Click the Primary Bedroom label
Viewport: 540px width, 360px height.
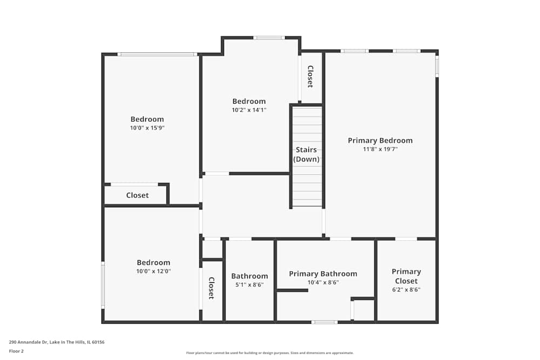(x=380, y=140)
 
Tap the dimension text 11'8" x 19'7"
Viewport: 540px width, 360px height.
(x=380, y=149)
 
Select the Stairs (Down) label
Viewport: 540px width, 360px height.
(x=306, y=154)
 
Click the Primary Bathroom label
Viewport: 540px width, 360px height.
(x=323, y=274)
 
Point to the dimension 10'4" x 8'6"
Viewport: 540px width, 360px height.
(x=323, y=282)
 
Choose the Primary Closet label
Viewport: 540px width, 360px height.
(x=406, y=276)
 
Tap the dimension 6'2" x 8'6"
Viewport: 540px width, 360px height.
(x=406, y=289)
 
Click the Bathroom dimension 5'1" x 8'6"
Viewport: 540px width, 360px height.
(x=249, y=285)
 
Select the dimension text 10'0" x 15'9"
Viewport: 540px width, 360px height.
(x=147, y=128)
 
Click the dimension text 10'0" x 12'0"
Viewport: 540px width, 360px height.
(x=153, y=271)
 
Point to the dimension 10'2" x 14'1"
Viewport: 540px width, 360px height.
(x=249, y=110)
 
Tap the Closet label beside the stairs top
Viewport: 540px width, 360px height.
(x=310, y=77)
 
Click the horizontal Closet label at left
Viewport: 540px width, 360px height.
(x=137, y=195)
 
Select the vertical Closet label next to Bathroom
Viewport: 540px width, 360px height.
(x=212, y=288)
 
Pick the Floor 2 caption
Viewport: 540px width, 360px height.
(x=16, y=351)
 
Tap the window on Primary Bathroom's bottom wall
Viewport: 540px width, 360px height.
(x=325, y=322)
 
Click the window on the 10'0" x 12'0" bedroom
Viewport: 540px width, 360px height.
(x=103, y=285)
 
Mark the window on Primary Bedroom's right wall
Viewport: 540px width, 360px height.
(x=437, y=66)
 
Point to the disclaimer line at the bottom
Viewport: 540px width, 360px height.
(x=269, y=353)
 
